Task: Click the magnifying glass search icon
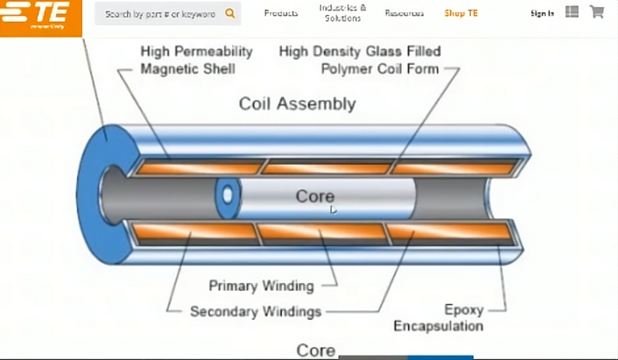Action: tap(230, 14)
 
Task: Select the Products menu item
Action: tap(281, 14)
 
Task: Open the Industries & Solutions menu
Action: tap(342, 13)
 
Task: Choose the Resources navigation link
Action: tap(404, 14)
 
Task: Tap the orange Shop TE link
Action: tap(461, 14)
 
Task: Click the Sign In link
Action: tap(542, 14)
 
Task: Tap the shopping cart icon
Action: tap(597, 12)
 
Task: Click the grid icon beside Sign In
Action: tap(572, 12)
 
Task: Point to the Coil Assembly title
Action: tap(298, 104)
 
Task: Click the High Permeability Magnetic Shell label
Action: tap(196, 60)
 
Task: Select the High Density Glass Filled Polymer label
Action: tap(360, 60)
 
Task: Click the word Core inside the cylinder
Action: tap(315, 196)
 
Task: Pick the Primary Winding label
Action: tap(261, 286)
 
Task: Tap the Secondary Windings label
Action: tap(256, 311)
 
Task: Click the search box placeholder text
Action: tap(160, 14)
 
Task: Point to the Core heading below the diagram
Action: tap(315, 350)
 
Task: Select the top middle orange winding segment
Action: tap(326, 167)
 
